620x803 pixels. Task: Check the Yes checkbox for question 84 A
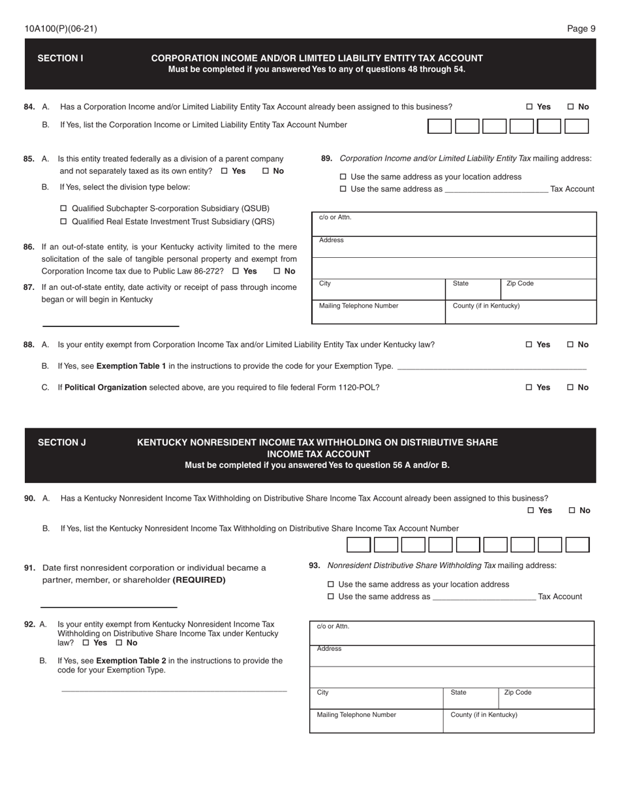529,107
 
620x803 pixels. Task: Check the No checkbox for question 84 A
571,107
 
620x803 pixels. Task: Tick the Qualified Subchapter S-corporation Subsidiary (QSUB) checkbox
63,209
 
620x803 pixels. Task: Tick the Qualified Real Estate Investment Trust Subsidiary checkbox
63,222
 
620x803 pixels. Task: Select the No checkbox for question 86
277,272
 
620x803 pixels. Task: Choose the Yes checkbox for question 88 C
529,388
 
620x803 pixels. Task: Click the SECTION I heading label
60,58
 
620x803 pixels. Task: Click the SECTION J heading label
61,443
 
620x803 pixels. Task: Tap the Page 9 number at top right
581,29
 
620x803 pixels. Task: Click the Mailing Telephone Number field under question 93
376,721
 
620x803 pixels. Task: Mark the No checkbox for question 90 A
572,511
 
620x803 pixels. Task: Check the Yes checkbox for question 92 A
86,643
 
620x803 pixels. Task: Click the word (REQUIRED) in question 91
199,580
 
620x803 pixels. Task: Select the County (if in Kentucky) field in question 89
520,312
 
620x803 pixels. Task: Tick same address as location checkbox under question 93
330,585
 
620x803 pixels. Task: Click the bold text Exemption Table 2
131,661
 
